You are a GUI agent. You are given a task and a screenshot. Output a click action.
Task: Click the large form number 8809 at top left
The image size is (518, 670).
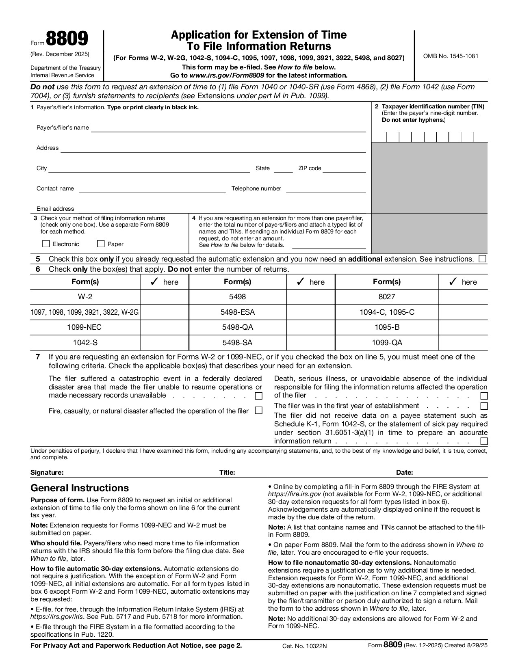67,40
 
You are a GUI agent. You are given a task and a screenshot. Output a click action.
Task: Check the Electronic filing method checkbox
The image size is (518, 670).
46,244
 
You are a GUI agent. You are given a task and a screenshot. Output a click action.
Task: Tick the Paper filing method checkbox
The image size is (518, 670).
101,244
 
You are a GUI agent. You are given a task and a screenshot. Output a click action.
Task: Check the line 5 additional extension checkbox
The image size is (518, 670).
483,259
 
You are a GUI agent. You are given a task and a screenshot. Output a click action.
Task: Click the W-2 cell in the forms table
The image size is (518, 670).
85,297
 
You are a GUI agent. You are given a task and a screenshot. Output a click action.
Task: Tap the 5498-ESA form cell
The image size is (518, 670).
238,312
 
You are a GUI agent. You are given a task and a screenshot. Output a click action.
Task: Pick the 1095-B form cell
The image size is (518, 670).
387,327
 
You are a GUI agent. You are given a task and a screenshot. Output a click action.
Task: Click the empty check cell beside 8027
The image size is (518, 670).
463,297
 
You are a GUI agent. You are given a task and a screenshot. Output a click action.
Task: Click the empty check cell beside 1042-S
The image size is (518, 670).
164,343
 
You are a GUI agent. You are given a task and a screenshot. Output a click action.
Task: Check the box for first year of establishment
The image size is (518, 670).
483,406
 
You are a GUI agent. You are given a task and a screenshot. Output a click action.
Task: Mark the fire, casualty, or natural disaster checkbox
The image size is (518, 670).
258,411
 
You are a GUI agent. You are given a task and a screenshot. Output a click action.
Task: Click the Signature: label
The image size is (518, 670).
47,472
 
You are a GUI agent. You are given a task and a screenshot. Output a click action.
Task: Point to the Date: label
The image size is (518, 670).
405,472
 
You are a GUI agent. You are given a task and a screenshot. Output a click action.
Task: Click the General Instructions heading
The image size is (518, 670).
80,488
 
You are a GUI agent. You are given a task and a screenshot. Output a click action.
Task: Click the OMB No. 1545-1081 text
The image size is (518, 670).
451,56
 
